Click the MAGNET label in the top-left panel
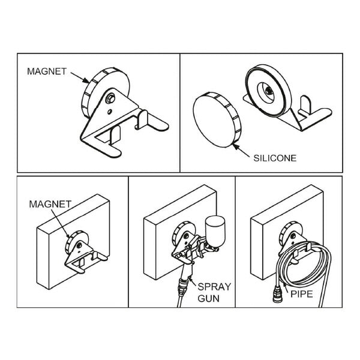[47, 71]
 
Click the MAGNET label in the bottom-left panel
[50, 204]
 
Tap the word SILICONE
[275, 158]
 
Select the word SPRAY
[214, 287]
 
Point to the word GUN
[208, 298]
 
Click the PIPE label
[302, 294]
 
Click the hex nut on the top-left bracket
[110, 99]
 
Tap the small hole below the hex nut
[110, 112]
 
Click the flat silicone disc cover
[217, 119]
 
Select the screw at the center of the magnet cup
[269, 91]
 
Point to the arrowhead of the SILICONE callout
[236, 146]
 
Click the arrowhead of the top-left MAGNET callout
[86, 80]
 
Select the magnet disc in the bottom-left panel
[76, 242]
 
